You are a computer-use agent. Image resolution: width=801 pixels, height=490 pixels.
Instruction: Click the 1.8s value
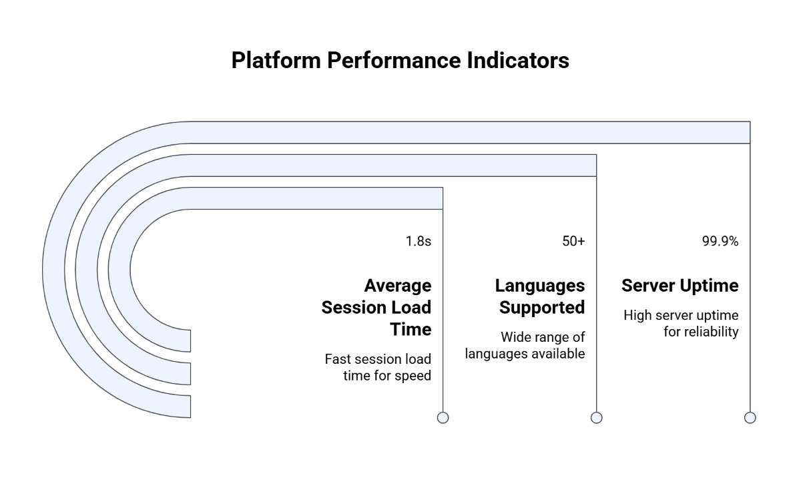point(418,242)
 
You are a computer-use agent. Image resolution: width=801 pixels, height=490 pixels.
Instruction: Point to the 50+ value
point(573,242)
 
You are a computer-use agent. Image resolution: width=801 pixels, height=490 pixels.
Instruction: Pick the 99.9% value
point(720,242)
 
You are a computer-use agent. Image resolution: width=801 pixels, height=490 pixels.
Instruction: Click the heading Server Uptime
point(680,286)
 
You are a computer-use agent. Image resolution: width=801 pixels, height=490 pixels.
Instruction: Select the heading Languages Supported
point(540,296)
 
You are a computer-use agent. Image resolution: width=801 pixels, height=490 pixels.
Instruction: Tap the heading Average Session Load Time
point(376,307)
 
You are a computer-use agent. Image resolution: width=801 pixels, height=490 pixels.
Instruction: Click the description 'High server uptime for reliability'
point(681,323)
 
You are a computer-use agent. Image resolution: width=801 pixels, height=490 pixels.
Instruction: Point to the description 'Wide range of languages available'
point(525,346)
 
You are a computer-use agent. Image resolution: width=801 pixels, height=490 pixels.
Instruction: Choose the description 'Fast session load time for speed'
point(378,367)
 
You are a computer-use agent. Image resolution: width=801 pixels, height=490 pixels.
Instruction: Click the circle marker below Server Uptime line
point(750,417)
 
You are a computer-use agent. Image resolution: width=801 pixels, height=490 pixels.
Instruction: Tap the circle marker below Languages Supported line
point(597,417)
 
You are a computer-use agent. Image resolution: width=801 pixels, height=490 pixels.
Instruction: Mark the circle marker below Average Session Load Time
point(443,417)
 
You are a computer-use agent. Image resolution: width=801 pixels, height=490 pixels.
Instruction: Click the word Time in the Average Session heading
point(411,329)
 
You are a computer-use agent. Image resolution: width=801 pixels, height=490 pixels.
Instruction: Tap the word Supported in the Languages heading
point(542,308)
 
